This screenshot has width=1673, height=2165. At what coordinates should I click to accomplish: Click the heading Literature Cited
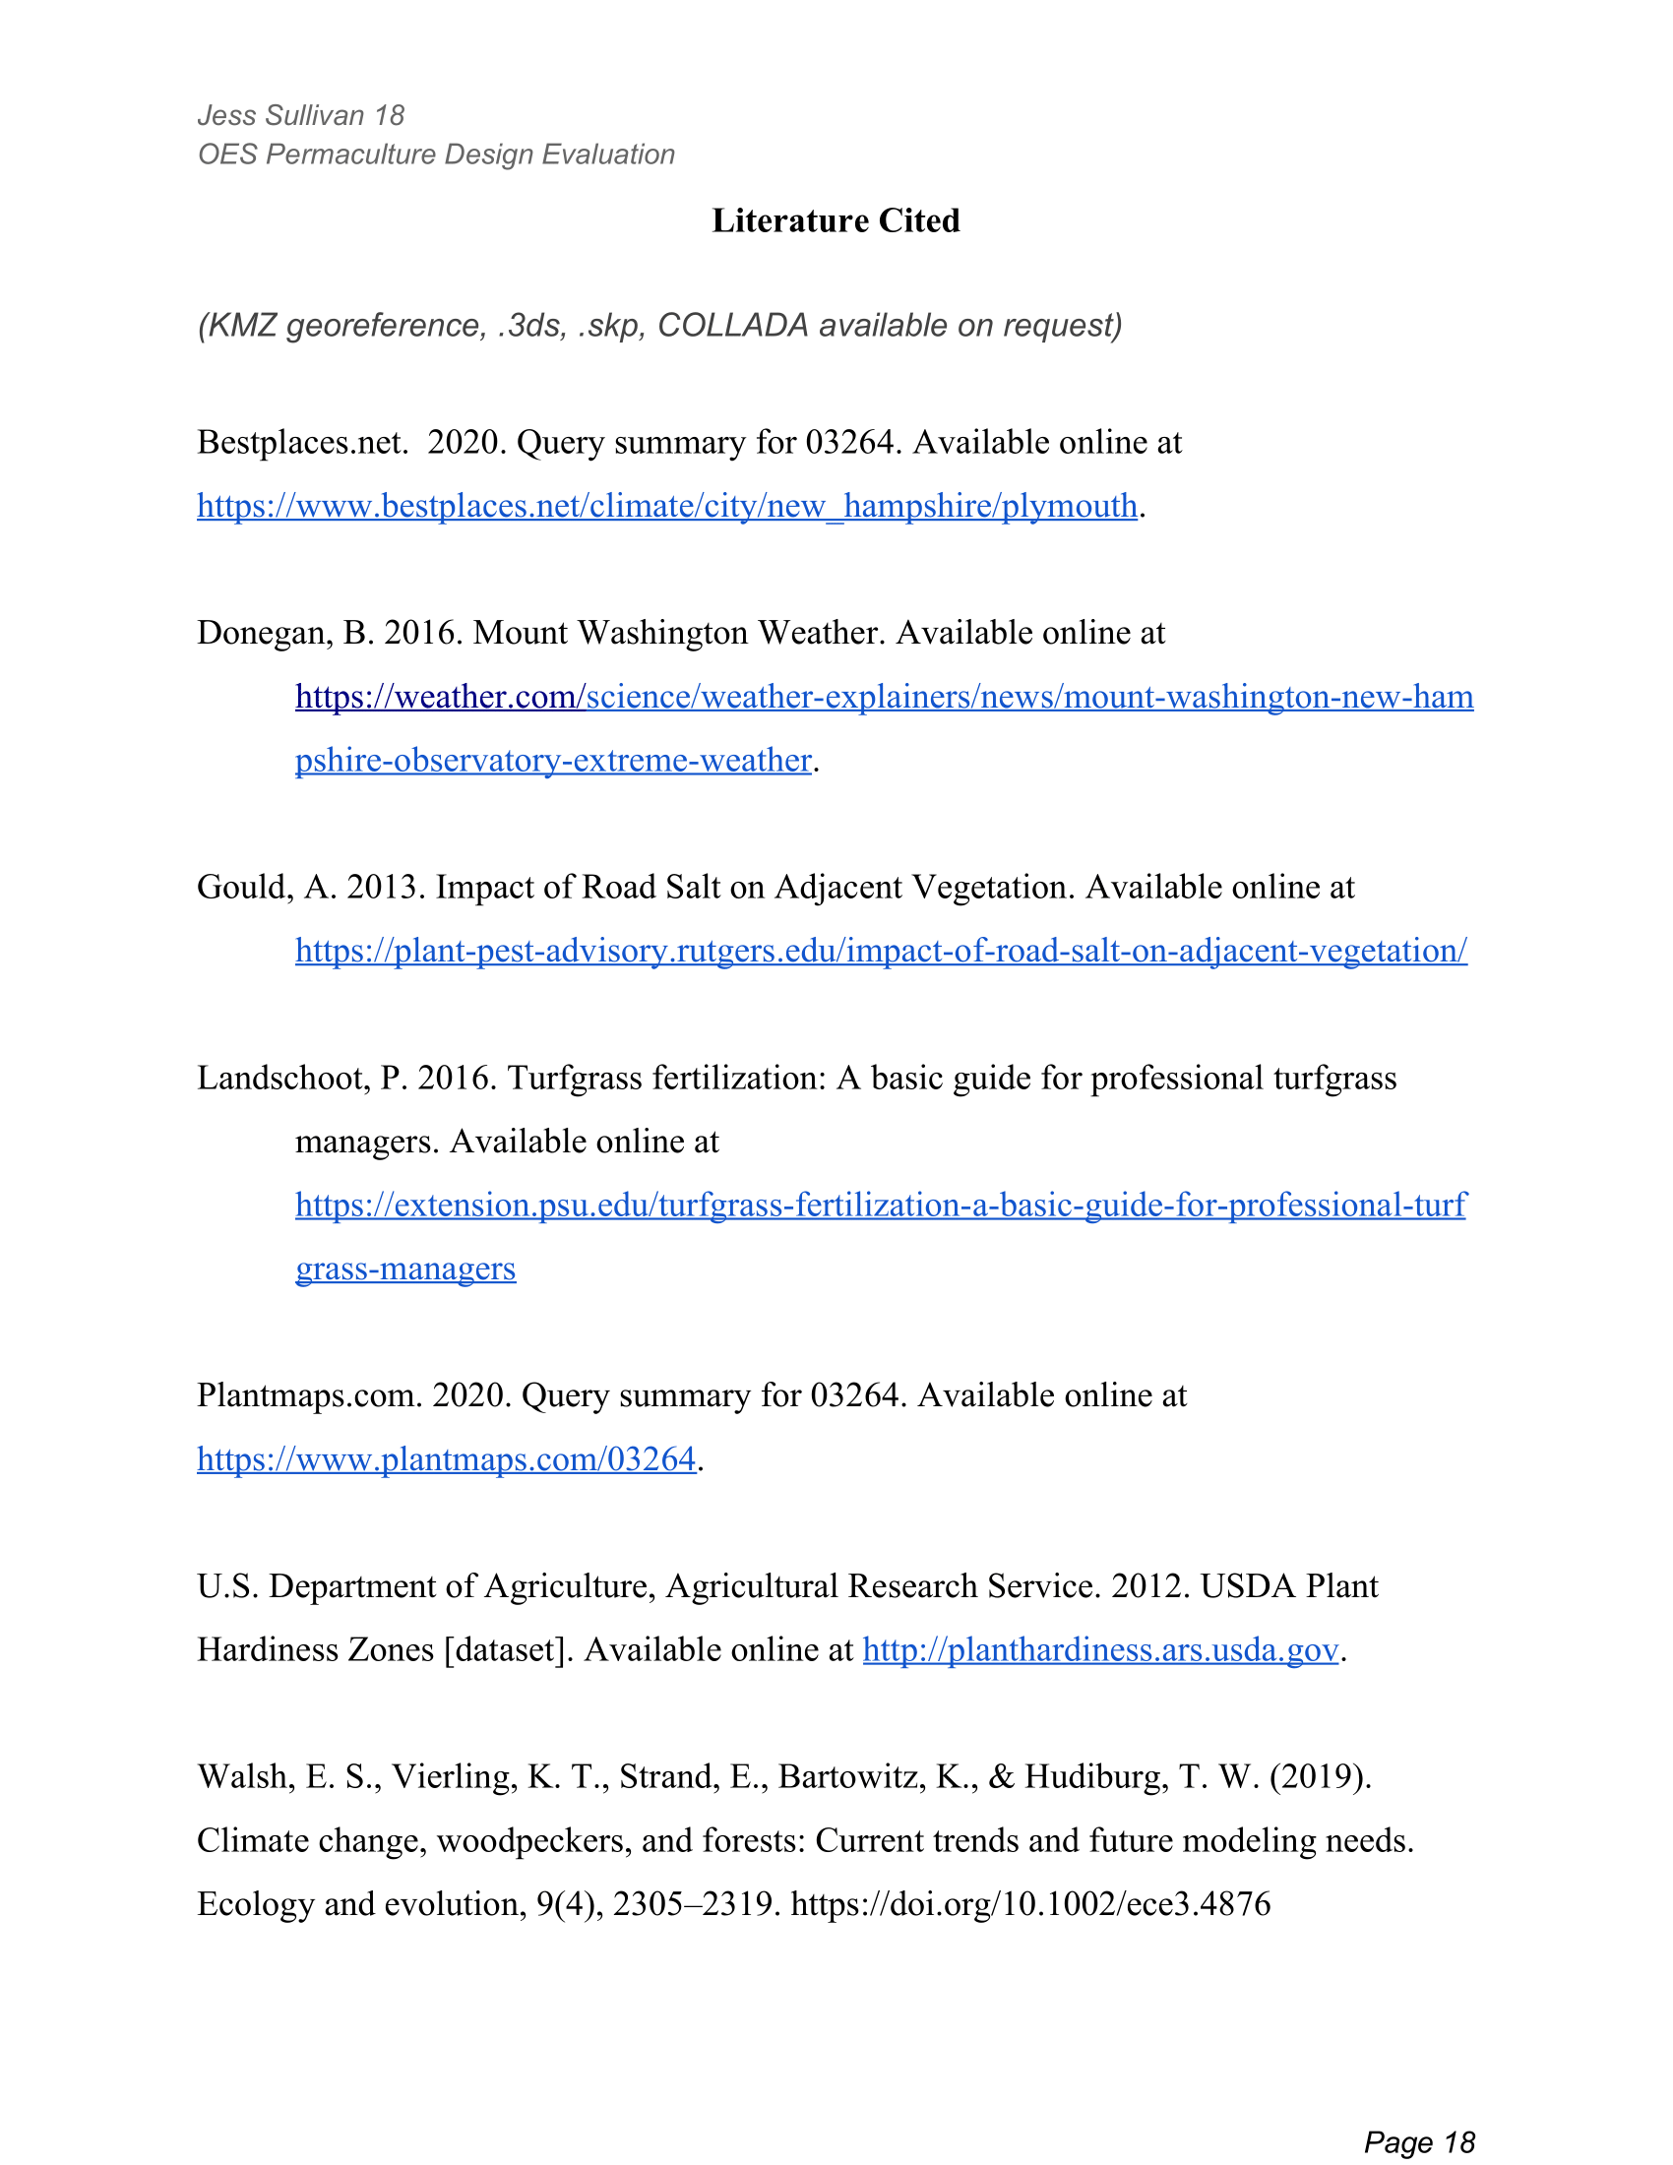[x=836, y=220]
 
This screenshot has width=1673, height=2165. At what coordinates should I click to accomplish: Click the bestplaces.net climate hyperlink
[x=666, y=507]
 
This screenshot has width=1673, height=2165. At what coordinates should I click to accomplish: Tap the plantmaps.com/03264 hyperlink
[x=446, y=1459]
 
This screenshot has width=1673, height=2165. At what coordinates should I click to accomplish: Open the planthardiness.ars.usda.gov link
[x=1100, y=1649]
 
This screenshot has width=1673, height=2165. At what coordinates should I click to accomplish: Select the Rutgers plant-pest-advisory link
[x=880, y=951]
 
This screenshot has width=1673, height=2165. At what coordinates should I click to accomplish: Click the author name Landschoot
[x=281, y=1078]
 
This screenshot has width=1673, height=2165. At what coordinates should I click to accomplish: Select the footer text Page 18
[x=1419, y=2115]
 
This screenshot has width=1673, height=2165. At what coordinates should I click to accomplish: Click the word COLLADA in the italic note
[x=732, y=325]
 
